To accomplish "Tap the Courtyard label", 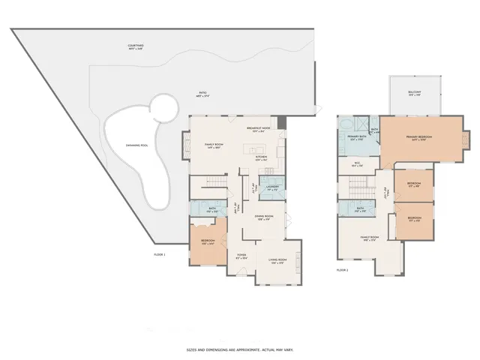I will [136, 46].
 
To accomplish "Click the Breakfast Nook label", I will [258, 128].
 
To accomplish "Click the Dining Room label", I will [262, 217].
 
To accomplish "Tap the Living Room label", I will [277, 262].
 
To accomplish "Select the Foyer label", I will [241, 255].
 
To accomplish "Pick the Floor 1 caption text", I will [159, 255].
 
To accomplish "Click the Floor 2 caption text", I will [343, 268].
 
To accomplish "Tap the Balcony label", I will [414, 93].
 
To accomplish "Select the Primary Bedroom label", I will [421, 138].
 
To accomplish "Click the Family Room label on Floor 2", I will [368, 238].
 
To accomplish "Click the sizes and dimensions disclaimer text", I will [240, 349].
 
